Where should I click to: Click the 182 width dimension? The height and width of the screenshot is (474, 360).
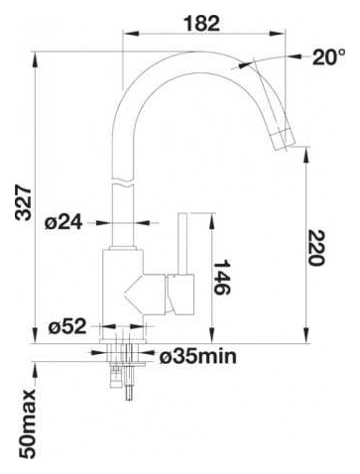[201, 24]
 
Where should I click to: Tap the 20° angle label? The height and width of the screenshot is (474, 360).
[328, 57]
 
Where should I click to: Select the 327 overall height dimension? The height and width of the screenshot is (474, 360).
[24, 203]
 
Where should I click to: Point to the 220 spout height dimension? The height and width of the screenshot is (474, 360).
[316, 248]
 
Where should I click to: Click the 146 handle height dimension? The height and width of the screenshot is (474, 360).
[222, 277]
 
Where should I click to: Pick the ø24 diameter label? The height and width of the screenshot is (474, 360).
[63, 223]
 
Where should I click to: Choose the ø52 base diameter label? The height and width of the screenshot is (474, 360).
[67, 326]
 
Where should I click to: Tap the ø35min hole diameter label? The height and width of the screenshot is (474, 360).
[198, 356]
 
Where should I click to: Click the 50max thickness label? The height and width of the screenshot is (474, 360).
[27, 423]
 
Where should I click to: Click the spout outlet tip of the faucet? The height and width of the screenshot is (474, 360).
[284, 147]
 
